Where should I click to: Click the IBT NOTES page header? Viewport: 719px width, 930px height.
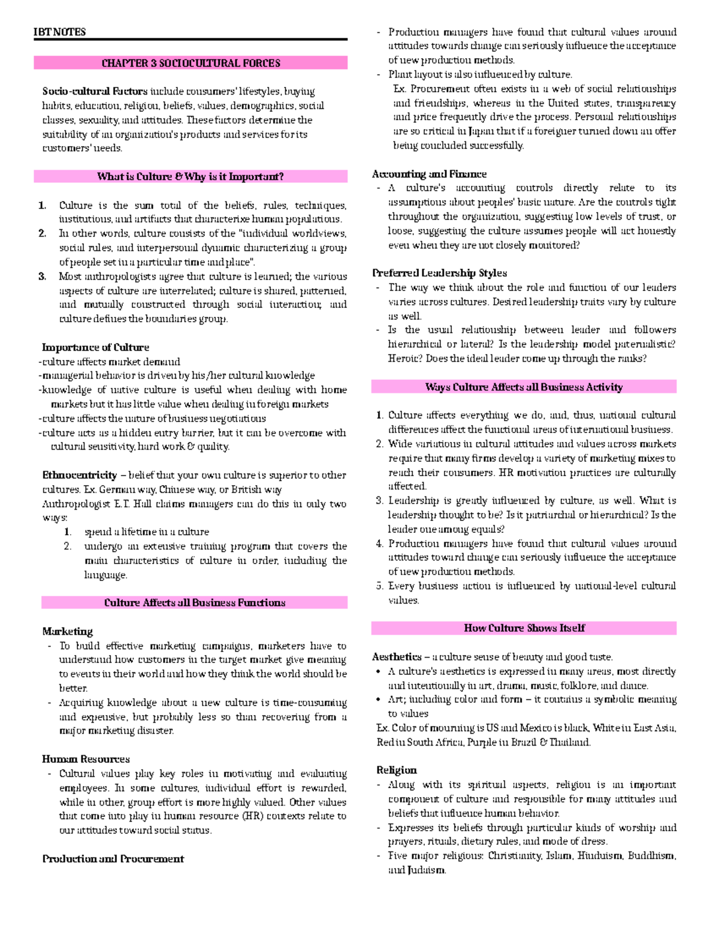60,32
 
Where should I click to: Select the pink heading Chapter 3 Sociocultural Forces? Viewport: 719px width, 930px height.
191,63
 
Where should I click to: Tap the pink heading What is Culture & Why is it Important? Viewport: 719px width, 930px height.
191,177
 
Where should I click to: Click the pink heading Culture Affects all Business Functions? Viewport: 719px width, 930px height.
195,603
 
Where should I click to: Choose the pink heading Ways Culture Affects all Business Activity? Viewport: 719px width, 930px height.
524,387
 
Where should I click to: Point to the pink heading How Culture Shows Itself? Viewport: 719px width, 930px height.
524,628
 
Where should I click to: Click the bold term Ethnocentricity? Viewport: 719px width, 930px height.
80,475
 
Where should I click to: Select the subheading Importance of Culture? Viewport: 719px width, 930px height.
95,347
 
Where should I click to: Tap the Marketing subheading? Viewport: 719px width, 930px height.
68,632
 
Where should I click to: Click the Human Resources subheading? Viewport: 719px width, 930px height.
86,759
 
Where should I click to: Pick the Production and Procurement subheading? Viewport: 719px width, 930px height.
113,859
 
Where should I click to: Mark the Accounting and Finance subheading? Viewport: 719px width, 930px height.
429,174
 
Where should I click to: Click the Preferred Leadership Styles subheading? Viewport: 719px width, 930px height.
439,273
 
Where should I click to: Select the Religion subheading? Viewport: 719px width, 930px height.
396,770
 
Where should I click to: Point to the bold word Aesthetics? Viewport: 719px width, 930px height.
397,657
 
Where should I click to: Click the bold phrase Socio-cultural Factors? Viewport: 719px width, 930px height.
95,92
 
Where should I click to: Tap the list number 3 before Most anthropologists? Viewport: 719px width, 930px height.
42,277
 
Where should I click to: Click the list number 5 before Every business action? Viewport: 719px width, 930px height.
379,586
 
